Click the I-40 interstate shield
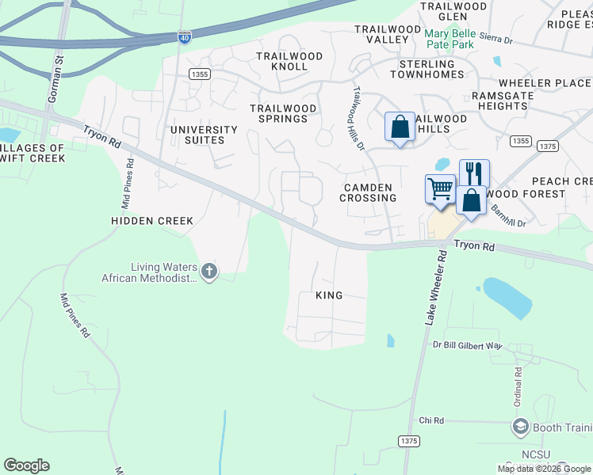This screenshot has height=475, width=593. click(x=184, y=37)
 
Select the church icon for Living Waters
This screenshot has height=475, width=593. click(x=209, y=272)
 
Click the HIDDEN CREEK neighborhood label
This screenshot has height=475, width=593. click(x=152, y=221)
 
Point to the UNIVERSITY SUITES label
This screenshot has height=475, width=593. click(x=204, y=135)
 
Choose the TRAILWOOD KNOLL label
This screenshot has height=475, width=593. click(x=289, y=62)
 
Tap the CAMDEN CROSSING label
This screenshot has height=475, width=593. click(x=368, y=192)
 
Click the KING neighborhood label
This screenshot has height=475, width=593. click(x=329, y=295)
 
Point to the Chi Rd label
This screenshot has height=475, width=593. click(x=430, y=420)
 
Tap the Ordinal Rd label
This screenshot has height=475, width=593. click(x=518, y=386)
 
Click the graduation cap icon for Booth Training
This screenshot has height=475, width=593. click(x=520, y=428)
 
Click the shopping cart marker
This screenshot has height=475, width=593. click(x=440, y=189)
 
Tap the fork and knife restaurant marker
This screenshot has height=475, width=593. click(x=474, y=173)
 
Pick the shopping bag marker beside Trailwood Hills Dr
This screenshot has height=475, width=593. click(x=400, y=127)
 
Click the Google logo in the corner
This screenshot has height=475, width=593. click(x=26, y=465)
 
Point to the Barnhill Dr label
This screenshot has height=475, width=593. click(x=508, y=213)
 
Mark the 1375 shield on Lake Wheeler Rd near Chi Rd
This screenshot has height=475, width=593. click(x=408, y=440)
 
